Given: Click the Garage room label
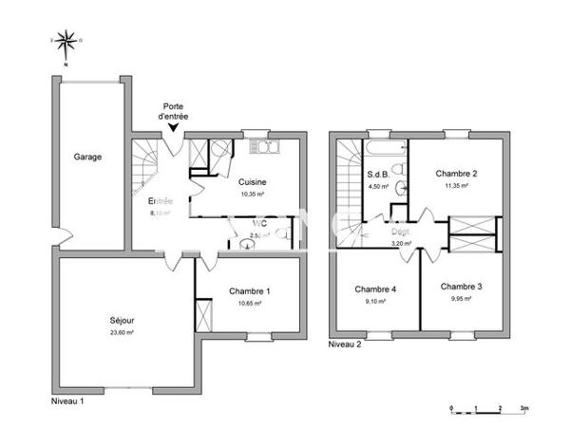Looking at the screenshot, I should tap(88, 158).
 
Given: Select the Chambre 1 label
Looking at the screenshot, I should tap(250, 291).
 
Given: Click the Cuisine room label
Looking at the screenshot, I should tap(252, 182).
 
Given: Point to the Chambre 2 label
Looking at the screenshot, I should tap(456, 174).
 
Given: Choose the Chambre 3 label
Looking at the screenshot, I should tap(461, 286).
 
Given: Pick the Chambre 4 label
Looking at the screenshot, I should tap(375, 289).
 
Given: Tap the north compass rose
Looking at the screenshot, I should tap(65, 41).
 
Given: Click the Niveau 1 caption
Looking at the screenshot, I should tap(67, 402).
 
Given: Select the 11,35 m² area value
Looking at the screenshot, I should tap(456, 186).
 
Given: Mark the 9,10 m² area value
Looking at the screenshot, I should tap(375, 302).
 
